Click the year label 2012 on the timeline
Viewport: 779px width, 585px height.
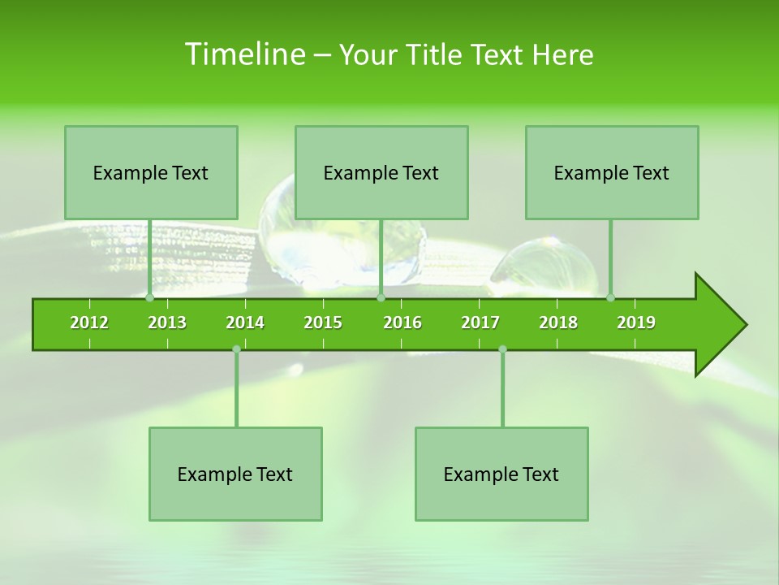pyautogui.click(x=89, y=323)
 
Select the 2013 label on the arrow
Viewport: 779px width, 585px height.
pyautogui.click(x=167, y=323)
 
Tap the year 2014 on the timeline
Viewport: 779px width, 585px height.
pyautogui.click(x=245, y=323)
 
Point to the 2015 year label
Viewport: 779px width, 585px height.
pyautogui.click(x=323, y=323)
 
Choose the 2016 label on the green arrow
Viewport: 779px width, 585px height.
pyautogui.click(x=402, y=323)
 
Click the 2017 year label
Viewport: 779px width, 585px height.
pyautogui.click(x=480, y=323)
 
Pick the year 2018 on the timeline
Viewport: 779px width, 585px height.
pyautogui.click(x=558, y=323)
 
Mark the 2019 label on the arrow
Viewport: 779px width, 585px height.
pyautogui.click(x=636, y=323)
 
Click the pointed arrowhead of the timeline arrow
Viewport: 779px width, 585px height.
pyautogui.click(x=722, y=325)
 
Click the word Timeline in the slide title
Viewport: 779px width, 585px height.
pyautogui.click(x=244, y=54)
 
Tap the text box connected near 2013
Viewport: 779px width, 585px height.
pyautogui.click(x=151, y=172)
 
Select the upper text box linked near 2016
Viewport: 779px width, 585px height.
pyautogui.click(x=381, y=172)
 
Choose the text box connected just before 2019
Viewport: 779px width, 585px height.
pyautogui.click(x=612, y=172)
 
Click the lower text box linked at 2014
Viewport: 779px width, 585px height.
pyautogui.click(x=235, y=474)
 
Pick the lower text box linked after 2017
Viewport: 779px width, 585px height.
pyautogui.click(x=501, y=474)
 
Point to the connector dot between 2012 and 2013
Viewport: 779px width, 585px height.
pyautogui.click(x=149, y=297)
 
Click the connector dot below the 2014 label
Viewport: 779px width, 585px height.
pyautogui.click(x=236, y=349)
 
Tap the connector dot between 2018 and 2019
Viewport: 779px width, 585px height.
pyautogui.click(x=610, y=297)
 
